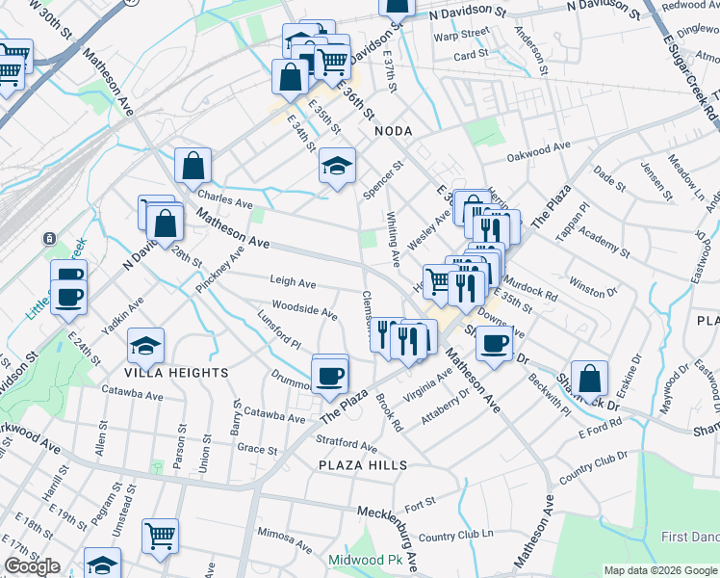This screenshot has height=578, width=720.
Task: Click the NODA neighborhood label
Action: pos(392,130)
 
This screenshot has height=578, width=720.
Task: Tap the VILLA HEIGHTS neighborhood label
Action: pos(175,372)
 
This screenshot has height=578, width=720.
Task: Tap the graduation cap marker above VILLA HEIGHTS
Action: pos(145,346)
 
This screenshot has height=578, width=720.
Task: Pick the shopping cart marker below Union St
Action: pos(160,536)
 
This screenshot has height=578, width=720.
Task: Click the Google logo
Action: pos(32,566)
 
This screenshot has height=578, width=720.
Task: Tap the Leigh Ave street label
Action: pos(293,283)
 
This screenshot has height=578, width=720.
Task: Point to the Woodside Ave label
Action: pos(304,312)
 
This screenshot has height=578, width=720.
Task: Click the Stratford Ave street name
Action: pos(347,444)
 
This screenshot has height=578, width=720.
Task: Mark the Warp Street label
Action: pos(461,33)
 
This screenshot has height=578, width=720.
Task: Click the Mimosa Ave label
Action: pos(281,531)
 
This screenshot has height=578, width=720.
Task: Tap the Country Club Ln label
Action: pos(455,536)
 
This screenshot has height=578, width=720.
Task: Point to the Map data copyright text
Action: pos(660,570)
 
